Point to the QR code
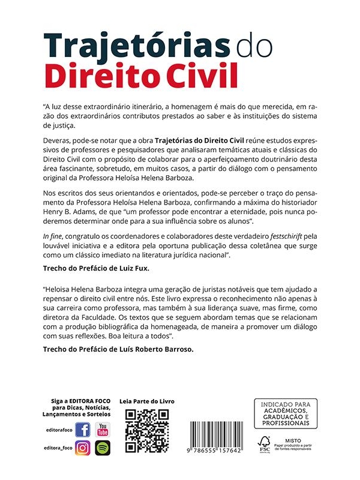[x=147, y=431]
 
